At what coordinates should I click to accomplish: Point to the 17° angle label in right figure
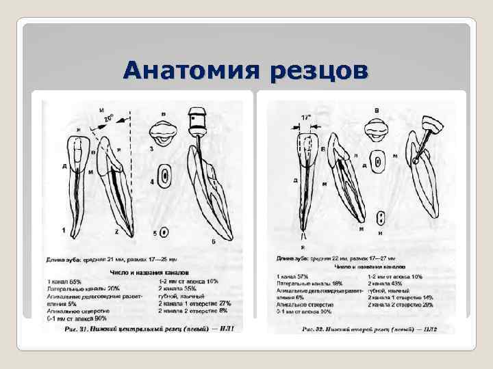pyautogui.click(x=305, y=118)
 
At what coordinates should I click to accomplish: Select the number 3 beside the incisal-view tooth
pyautogui.click(x=151, y=147)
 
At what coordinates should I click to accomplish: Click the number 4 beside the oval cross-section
pyautogui.click(x=151, y=181)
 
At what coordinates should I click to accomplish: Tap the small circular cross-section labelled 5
pyautogui.click(x=164, y=232)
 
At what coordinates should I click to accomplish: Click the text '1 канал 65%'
pyautogui.click(x=64, y=281)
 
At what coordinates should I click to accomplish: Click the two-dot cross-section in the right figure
pyautogui.click(x=378, y=218)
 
